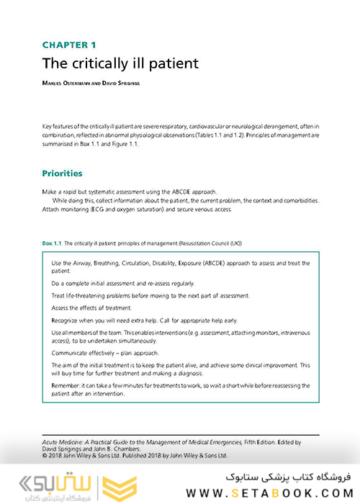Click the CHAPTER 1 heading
(69, 46)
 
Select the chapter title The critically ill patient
(120, 63)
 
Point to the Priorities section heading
(62, 174)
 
